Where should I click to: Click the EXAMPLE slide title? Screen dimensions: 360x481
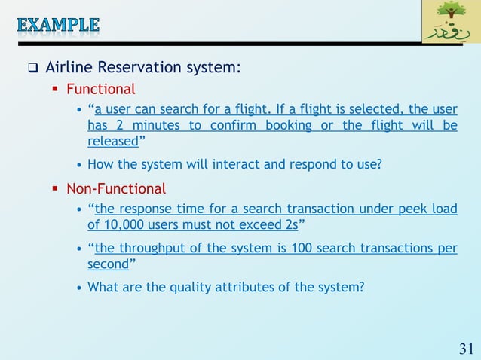58,24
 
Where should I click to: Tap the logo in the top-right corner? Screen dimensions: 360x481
451,22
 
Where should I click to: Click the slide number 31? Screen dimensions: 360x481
466,348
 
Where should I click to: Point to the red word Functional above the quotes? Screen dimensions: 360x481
101,90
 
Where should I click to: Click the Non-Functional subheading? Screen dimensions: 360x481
116,188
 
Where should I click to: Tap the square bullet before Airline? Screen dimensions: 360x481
33,69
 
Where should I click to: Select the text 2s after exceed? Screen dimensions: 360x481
287,224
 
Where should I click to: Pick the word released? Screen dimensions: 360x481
112,142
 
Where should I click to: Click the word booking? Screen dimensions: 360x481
280,126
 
